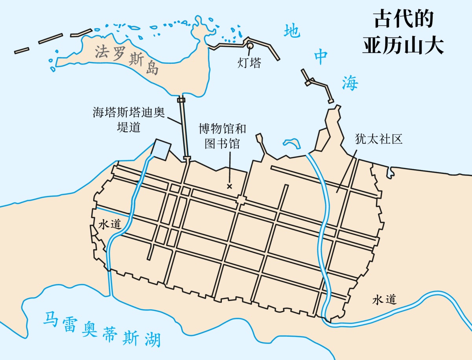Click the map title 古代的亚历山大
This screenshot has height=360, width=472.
point(403,32)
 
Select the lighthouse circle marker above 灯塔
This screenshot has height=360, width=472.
point(250,46)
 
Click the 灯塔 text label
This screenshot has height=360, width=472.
point(249,63)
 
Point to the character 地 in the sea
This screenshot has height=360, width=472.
point(292,31)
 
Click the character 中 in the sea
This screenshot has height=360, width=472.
point(321,57)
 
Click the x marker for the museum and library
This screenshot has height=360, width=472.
point(230,186)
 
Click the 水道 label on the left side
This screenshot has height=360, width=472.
point(109,224)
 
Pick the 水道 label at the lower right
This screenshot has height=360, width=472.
point(384,300)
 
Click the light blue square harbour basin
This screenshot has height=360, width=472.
point(162,149)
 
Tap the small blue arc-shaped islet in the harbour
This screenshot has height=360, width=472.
point(291,142)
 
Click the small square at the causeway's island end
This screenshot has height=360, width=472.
point(181,100)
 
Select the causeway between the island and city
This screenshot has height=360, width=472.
point(184,128)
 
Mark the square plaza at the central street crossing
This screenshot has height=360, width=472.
point(241,201)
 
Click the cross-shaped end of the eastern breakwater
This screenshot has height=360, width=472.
point(309,81)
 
